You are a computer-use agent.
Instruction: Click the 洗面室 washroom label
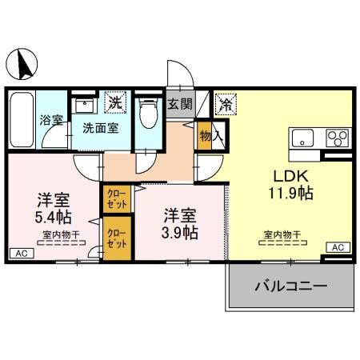99,126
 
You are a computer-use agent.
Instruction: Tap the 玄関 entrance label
181,103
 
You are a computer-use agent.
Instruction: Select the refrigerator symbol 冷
225,103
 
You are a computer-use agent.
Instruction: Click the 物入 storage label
206,137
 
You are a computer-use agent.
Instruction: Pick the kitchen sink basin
305,135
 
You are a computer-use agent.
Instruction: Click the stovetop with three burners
336,136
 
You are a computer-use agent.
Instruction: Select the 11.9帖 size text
290,193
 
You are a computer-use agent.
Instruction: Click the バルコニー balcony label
290,286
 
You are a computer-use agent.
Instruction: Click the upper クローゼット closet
115,198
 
